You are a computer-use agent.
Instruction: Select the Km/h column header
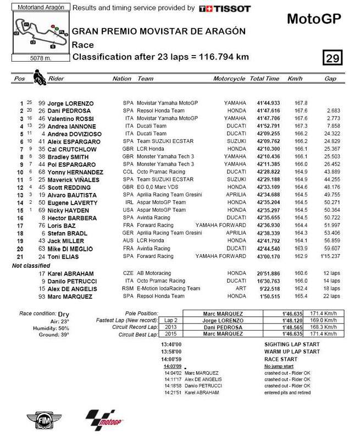(296, 79)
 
